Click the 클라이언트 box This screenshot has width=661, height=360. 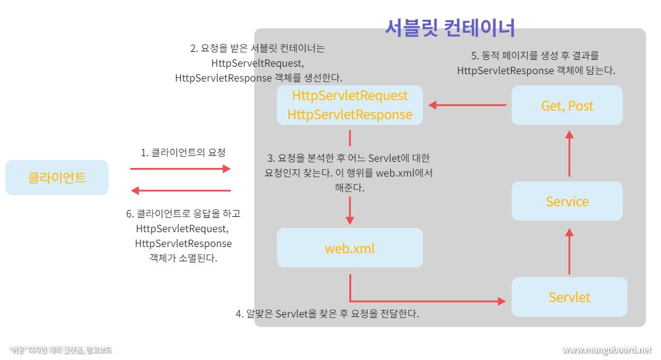pyautogui.click(x=57, y=178)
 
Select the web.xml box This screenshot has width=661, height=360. pyautogui.click(x=349, y=248)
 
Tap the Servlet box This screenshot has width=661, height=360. pyautogui.click(x=569, y=297)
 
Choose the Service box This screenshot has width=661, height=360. pyautogui.click(x=567, y=201)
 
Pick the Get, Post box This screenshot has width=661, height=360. pyautogui.click(x=567, y=106)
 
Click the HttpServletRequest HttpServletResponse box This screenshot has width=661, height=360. pyautogui.click(x=349, y=105)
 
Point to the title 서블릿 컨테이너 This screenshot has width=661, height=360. pyautogui.click(x=450, y=27)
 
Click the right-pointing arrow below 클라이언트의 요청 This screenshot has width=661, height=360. pyautogui.click(x=180, y=168)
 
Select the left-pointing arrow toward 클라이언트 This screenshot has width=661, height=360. pyautogui.click(x=180, y=191)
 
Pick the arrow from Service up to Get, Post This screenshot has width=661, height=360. pyautogui.click(x=569, y=154)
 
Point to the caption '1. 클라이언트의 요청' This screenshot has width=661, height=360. pyautogui.click(x=183, y=153)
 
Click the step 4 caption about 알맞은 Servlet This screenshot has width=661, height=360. pyautogui.click(x=327, y=314)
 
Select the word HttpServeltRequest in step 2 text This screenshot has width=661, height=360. pyautogui.click(x=257, y=63)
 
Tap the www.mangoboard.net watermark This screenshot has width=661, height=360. pyautogui.click(x=607, y=350)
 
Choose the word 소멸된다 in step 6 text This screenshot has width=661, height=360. pyautogui.click(x=199, y=258)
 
